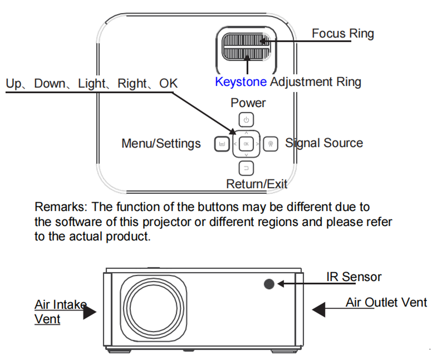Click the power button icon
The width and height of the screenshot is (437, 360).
coord(246,120)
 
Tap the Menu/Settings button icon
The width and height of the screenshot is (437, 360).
coord(222,144)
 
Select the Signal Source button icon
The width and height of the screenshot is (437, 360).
coord(271,144)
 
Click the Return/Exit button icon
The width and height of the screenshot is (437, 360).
coord(246,168)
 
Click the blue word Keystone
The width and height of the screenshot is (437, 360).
coord(241,82)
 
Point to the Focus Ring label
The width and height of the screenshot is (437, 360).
coord(343,33)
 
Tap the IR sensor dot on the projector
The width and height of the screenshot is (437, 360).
coord(269,284)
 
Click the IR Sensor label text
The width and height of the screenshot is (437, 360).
coord(354,277)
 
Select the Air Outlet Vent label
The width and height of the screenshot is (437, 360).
coord(386,302)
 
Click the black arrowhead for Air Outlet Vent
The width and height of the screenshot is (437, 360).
coord(319,309)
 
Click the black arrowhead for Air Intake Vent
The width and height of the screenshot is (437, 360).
coord(89,311)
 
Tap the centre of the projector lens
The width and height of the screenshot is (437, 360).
coord(153,308)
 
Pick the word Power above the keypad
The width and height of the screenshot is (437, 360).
coord(248,103)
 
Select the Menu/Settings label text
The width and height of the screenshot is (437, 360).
coord(161,143)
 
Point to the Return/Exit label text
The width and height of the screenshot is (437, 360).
coord(256,184)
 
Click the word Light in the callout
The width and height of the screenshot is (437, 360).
coord(91,83)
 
